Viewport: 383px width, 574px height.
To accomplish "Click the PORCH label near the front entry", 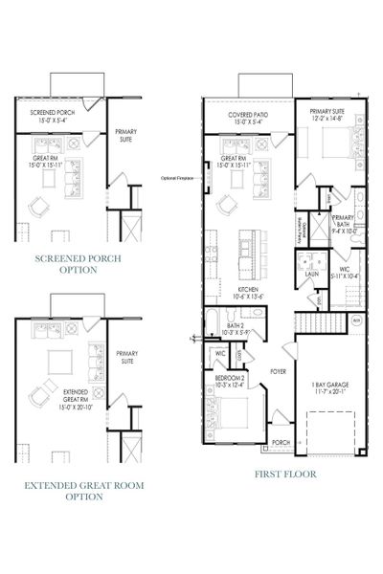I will (x=280, y=442).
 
